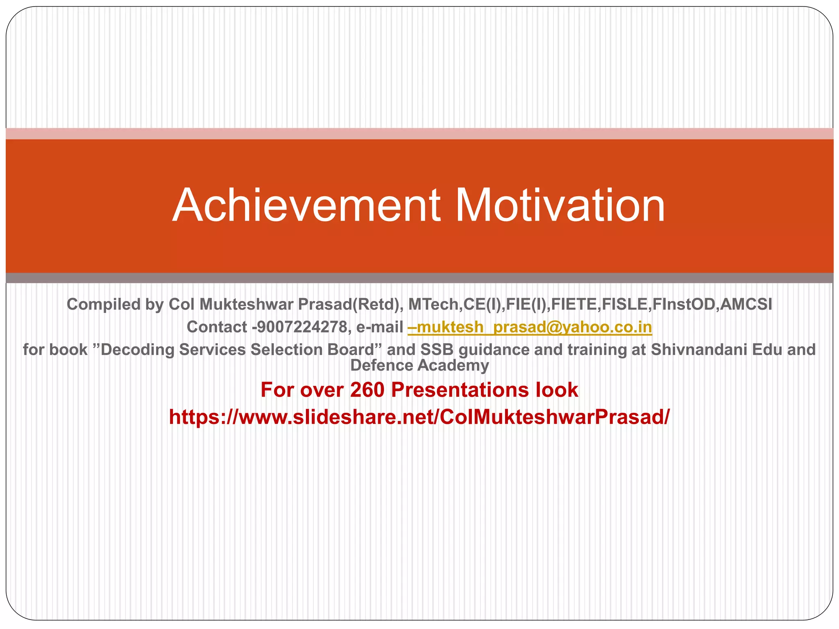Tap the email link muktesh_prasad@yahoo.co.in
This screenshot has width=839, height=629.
(530, 327)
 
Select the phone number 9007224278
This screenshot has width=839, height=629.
(301, 327)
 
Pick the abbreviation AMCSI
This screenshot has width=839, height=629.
(746, 304)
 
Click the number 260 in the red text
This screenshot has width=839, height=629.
(367, 389)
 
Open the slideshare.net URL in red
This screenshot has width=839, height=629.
(419, 417)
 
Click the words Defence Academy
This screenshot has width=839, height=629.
(419, 365)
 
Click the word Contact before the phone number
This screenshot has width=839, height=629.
(217, 327)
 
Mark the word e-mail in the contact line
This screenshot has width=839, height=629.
(380, 327)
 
